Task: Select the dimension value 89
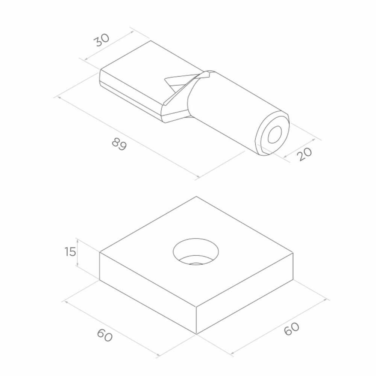click(x=119, y=144)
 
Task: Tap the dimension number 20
click(x=305, y=154)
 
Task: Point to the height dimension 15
click(x=70, y=252)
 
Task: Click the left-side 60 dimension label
click(x=105, y=335)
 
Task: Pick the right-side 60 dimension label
click(x=292, y=329)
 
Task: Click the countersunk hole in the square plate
click(x=196, y=252)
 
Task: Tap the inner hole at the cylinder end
click(x=275, y=134)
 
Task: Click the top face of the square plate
click(x=196, y=252)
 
